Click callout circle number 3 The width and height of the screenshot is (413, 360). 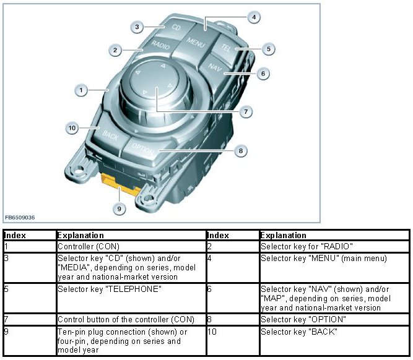coord(139,27)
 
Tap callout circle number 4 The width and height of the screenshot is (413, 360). coord(253,17)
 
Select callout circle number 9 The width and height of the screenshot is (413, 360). coord(121,208)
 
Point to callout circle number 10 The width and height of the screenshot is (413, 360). coord(72,128)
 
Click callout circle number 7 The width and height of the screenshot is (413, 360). coord(246,112)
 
